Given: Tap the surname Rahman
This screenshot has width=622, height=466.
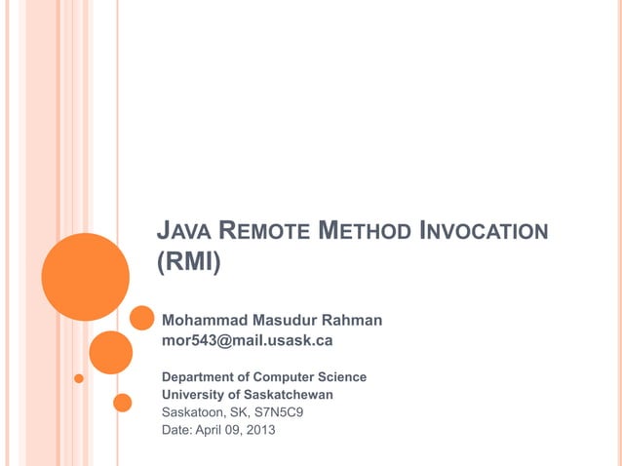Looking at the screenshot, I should [356, 320].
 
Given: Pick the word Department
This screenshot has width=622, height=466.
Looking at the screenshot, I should [201, 376].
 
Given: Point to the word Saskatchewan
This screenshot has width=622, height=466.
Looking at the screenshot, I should [288, 394].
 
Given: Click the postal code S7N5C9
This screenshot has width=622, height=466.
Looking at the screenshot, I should [280, 411].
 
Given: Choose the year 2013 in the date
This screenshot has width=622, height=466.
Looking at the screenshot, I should [259, 429].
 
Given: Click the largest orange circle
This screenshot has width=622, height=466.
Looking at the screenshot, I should [85, 276].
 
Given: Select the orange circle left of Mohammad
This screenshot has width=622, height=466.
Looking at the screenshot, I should [142, 319].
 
